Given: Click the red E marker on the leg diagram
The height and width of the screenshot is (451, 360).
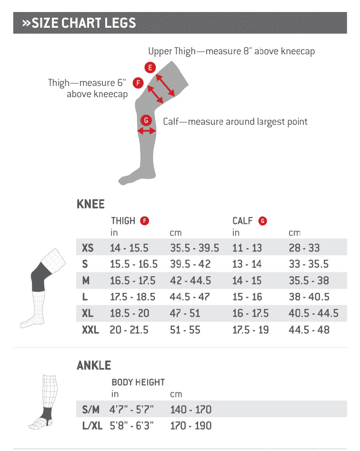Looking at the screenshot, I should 150,68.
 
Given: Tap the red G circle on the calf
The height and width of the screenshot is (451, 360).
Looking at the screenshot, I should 146,120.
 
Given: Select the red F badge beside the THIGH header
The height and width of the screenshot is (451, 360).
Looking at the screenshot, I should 145,221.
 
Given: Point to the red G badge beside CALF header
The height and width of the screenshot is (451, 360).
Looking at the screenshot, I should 262,221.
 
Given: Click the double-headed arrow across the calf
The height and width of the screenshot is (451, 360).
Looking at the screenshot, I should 146,131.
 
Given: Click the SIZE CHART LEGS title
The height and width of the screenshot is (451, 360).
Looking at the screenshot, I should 79,23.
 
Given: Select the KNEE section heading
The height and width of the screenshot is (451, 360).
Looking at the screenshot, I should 90,204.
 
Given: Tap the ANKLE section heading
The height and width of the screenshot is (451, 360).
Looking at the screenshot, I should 94,365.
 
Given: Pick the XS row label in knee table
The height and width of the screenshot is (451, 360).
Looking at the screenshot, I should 88,248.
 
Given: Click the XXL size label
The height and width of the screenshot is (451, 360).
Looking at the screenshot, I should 90,330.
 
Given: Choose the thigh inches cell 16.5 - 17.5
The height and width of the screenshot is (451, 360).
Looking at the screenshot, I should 132,281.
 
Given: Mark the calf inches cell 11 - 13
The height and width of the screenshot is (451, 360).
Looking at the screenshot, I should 247,248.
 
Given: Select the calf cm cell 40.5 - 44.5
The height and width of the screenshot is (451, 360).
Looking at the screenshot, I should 313,313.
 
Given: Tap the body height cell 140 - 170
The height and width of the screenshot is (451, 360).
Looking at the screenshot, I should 190,410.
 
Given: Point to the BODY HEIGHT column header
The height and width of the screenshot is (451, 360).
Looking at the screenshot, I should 138,382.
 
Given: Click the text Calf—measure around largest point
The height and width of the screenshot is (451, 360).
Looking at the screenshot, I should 235,121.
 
